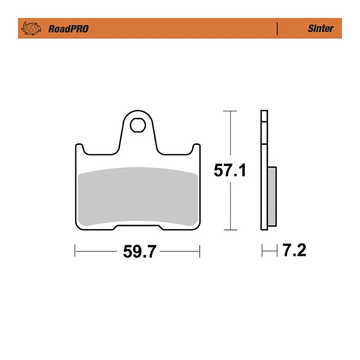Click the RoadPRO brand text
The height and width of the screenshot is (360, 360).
[x=68, y=29]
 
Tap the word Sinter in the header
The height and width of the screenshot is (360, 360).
[x=320, y=28]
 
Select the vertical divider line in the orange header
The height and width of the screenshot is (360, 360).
[x=277, y=28]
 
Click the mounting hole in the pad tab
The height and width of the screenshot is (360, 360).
[x=138, y=124]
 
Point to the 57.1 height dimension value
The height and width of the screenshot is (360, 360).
[x=230, y=171]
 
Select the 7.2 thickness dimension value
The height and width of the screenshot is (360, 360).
[x=294, y=251]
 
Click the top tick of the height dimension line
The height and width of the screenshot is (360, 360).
[x=230, y=111]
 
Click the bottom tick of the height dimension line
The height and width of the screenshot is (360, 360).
[x=230, y=230]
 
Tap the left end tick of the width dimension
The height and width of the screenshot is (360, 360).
[x=75, y=251]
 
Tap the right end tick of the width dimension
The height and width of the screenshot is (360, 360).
[x=199, y=251]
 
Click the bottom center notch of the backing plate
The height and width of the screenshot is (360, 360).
[x=138, y=227]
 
